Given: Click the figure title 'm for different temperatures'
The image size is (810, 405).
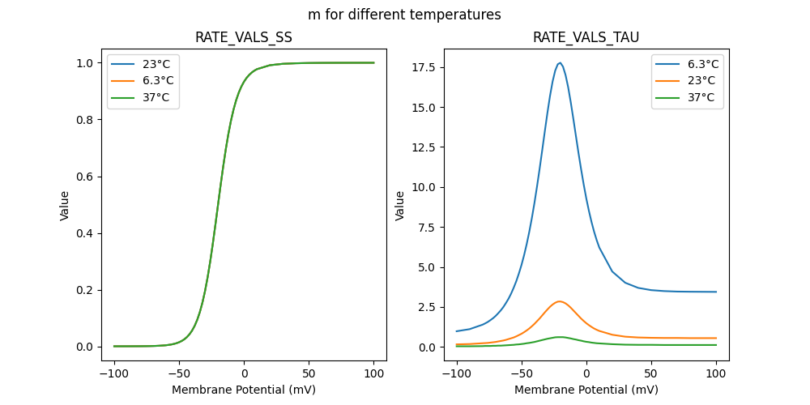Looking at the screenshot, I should [x=404, y=15].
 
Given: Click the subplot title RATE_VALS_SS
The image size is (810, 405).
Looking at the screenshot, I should [x=244, y=37].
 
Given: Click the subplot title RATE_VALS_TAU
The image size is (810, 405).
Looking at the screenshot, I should [x=586, y=37].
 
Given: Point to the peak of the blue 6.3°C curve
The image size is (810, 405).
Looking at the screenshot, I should [x=560, y=63].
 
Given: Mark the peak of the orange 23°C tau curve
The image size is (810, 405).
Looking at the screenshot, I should [x=559, y=301].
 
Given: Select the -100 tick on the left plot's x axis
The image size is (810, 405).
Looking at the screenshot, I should [x=114, y=375].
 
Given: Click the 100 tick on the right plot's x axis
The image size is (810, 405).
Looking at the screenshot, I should [x=716, y=375].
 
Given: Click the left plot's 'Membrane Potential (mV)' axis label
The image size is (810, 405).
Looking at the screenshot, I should [x=244, y=390].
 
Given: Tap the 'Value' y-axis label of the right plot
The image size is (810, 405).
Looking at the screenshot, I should [x=400, y=206].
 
